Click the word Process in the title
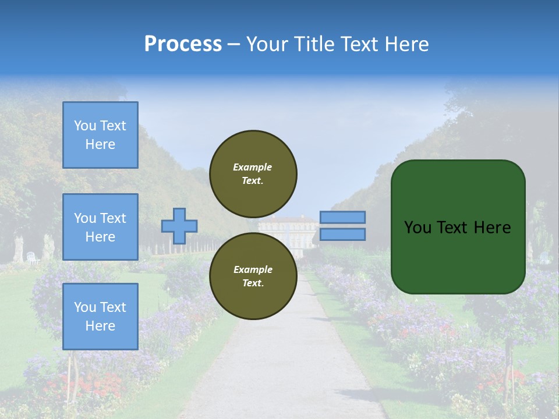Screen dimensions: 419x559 (183, 44)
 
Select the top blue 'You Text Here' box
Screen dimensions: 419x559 (100, 135)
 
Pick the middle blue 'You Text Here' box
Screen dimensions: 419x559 (100, 227)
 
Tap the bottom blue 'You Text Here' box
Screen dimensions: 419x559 (100, 317)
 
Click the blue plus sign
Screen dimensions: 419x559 (179, 226)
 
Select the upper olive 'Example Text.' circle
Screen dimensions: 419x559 (253, 173)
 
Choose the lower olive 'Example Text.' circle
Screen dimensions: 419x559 (253, 276)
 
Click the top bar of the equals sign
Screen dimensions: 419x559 (342, 218)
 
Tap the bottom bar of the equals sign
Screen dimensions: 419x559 (342, 234)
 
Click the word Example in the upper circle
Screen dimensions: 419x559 (253, 167)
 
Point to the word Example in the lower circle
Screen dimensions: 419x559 (253, 269)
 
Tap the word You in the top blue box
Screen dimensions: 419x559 (85, 126)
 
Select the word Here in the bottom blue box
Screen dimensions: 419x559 (100, 326)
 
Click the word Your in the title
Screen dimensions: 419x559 (267, 44)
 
